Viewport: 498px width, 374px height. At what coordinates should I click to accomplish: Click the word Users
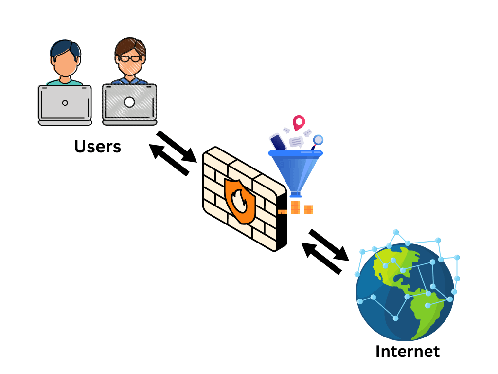(97, 146)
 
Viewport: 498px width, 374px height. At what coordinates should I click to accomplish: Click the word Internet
(407, 351)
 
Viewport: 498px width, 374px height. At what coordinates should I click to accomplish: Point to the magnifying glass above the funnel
(318, 141)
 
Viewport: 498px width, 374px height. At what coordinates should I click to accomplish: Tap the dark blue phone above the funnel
(278, 142)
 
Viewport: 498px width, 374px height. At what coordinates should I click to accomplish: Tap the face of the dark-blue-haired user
(65, 63)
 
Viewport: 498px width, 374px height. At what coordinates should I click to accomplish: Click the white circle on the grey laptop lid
(129, 102)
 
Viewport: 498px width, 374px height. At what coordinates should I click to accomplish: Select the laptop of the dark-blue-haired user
(65, 104)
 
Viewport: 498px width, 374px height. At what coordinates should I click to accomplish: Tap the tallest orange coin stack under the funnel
(295, 206)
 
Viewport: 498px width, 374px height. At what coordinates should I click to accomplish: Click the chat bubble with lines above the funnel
(296, 142)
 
